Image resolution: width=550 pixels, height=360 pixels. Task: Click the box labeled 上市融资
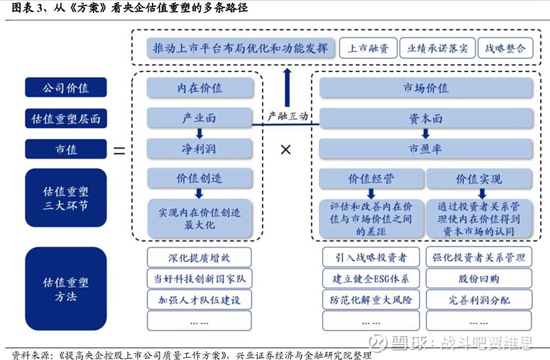[368, 48]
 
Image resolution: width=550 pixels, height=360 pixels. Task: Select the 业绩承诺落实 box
[437, 48]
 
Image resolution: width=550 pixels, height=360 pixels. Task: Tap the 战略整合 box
[505, 48]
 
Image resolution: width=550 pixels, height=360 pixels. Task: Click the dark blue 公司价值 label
[65, 87]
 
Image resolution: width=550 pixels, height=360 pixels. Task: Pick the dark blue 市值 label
[65, 149]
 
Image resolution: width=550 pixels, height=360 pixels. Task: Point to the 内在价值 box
[199, 88]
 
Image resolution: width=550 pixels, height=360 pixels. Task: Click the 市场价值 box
[426, 88]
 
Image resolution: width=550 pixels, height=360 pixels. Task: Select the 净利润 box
[199, 149]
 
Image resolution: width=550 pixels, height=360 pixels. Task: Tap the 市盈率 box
[426, 149]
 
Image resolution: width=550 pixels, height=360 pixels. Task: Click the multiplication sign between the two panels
[286, 150]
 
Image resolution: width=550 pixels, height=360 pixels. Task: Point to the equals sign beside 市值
[119, 150]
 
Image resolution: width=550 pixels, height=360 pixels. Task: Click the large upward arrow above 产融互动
[287, 88]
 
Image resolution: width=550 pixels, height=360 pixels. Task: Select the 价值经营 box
[371, 179]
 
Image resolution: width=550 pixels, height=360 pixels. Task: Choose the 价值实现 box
[479, 179]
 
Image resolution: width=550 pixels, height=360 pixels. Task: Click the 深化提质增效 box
[199, 258]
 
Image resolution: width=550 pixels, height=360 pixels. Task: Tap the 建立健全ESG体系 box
[371, 279]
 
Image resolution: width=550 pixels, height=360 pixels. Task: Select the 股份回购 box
[478, 279]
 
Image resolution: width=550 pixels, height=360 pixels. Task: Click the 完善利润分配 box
[478, 300]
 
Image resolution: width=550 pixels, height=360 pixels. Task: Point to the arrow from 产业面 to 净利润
[199, 133]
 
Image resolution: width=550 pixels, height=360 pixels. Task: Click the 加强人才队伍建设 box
[199, 300]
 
